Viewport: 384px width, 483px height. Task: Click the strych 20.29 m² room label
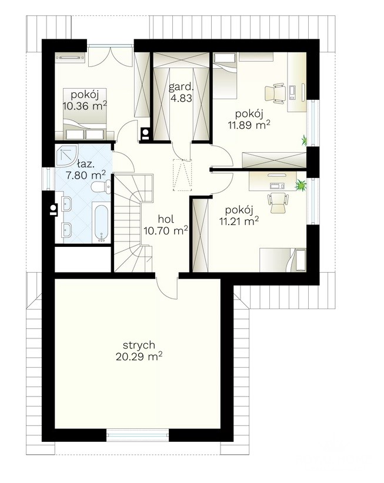click(139, 351)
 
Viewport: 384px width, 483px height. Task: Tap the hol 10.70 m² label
click(166, 224)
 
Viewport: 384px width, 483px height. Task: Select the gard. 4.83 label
click(181, 92)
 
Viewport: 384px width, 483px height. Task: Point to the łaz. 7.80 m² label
click(86, 169)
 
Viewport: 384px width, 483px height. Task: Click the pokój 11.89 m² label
click(249, 119)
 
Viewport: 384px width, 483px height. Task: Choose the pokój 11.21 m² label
click(239, 216)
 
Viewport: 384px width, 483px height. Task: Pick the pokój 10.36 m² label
click(85, 100)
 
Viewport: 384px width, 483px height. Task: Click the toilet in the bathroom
click(101, 187)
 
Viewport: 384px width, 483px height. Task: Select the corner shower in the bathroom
click(66, 156)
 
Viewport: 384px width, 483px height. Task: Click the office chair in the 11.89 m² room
click(276, 92)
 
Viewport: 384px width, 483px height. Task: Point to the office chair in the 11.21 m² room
click(278, 202)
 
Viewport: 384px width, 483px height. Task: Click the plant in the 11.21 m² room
click(300, 186)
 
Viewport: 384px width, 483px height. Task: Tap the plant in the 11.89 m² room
click(305, 140)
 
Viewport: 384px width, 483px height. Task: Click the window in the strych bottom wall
click(138, 435)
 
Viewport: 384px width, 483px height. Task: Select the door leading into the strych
click(167, 286)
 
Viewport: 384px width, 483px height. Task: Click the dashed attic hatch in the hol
click(182, 175)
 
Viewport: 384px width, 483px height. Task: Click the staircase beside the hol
click(133, 223)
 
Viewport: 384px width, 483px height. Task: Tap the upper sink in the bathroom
click(66, 204)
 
